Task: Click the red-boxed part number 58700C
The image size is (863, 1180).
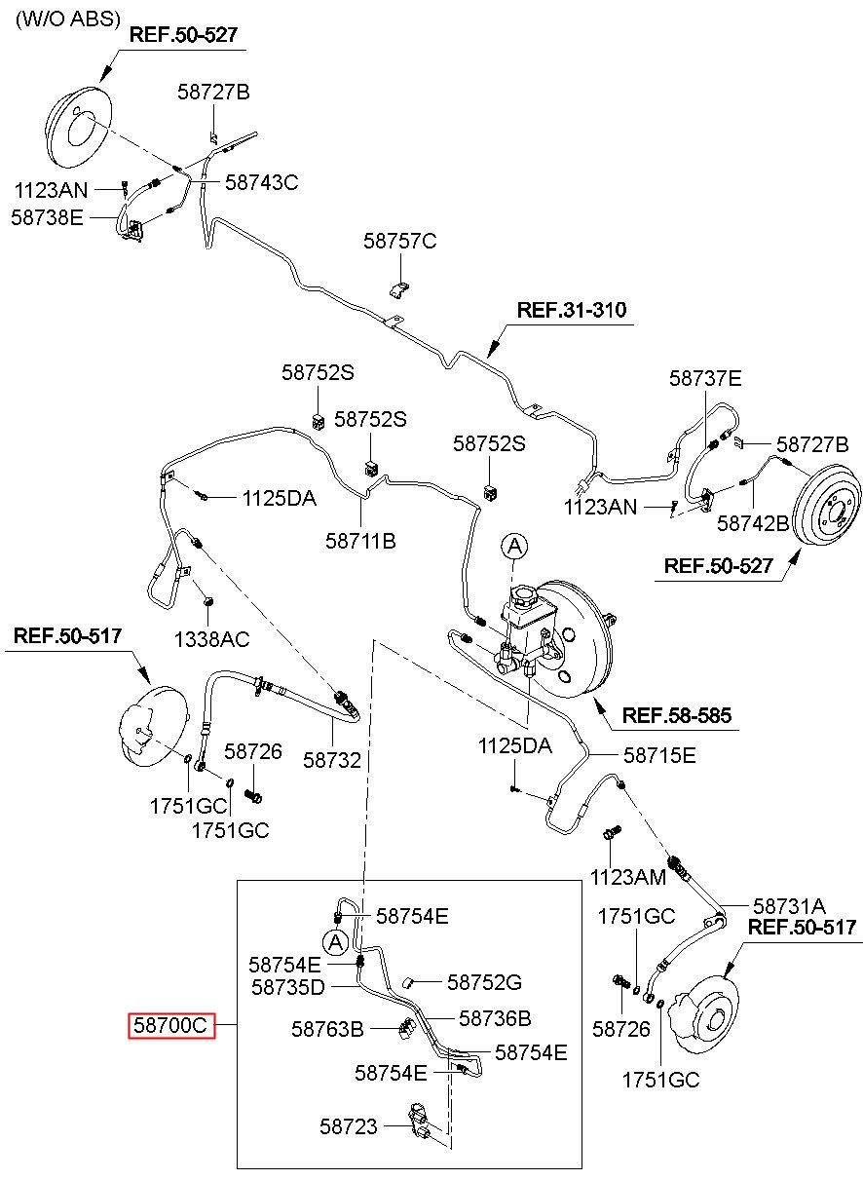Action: pos(171,1025)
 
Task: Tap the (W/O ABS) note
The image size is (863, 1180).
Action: pos(68,19)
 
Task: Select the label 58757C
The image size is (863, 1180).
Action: pos(399,242)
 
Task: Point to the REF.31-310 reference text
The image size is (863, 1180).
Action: pos(572,310)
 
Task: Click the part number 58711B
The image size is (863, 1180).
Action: pos(360,541)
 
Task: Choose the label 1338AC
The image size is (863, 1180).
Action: pos(211,639)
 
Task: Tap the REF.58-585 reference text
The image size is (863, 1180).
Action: pos(677,715)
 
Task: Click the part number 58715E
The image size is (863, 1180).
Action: pos(659,755)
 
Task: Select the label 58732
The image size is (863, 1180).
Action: pos(332,760)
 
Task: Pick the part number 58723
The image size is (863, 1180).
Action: pos(349,1126)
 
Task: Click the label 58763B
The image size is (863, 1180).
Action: pos(327,1029)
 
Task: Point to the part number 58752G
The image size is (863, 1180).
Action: pos(484,982)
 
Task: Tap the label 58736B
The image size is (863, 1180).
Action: pos(495,1018)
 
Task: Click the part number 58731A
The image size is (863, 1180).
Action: pos(789,906)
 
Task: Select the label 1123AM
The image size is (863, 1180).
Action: pos(627,878)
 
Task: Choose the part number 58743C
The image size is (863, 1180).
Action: pos(262,182)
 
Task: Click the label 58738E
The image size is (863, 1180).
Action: pos(48,217)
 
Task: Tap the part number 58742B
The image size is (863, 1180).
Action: pos(753,523)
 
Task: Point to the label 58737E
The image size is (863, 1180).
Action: pos(705,378)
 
